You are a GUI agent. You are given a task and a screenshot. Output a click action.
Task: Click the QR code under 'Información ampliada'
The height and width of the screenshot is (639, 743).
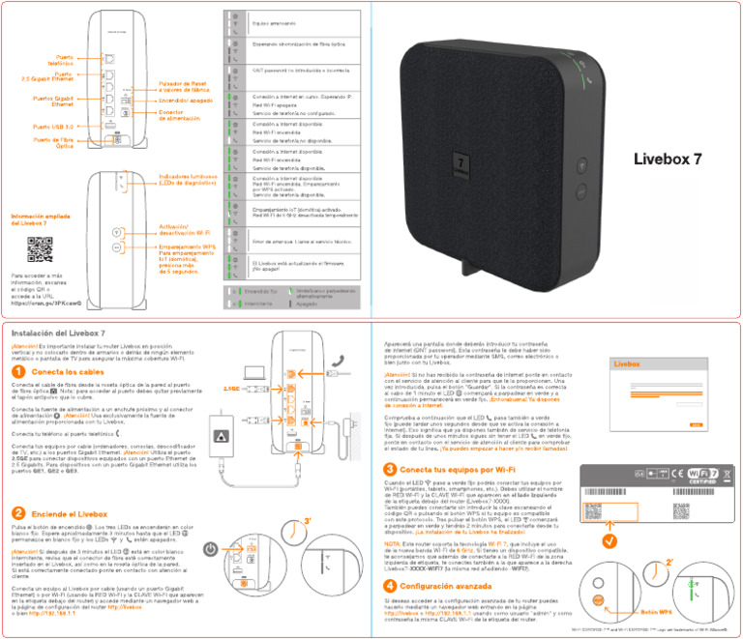point(40,249)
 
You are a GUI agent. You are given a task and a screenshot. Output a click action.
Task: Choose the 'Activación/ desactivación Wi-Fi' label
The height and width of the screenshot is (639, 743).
point(180,230)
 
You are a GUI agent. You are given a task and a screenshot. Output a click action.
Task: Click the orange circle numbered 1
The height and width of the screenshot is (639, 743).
point(19,371)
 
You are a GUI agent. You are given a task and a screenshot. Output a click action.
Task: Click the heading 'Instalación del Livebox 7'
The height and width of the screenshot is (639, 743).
point(57,333)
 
